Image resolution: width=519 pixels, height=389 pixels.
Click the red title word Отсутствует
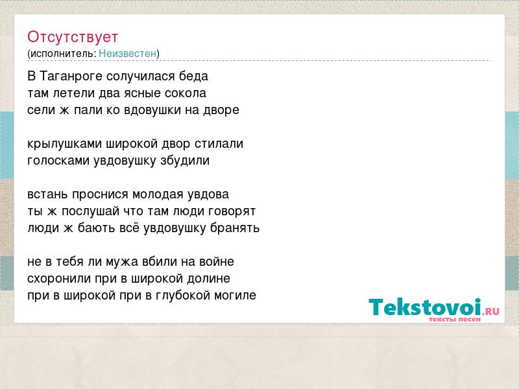click(73, 37)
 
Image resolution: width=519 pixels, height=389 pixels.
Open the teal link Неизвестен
click(127, 53)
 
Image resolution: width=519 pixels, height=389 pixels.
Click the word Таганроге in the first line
click(71, 77)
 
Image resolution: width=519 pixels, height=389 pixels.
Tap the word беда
click(193, 76)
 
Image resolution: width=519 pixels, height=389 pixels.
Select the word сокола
click(186, 93)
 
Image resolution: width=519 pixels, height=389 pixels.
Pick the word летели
click(74, 93)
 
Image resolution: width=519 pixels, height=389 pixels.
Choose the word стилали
click(219, 144)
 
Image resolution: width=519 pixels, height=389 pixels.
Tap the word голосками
click(58, 161)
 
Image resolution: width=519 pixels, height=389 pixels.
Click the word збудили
click(185, 160)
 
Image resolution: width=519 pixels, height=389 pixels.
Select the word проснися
click(95, 194)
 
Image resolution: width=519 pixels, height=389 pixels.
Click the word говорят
click(232, 211)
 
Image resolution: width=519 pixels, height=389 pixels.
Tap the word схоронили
click(59, 279)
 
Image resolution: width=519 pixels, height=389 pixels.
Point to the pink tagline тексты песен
click(455, 319)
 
